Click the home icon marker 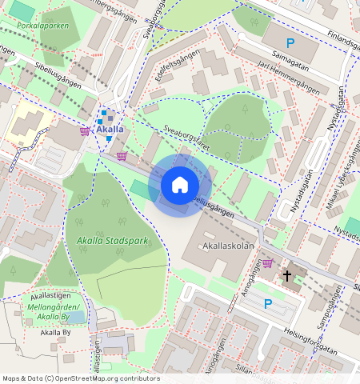[180, 185]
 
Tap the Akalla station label [110, 129]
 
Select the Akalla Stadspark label [112, 240]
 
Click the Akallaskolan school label [228, 246]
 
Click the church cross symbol [287, 275]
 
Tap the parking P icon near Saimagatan [290, 42]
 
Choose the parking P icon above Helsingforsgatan [268, 304]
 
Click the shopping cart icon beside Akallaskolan [267, 262]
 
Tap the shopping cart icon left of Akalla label [85, 130]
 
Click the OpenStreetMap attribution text [81, 378]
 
